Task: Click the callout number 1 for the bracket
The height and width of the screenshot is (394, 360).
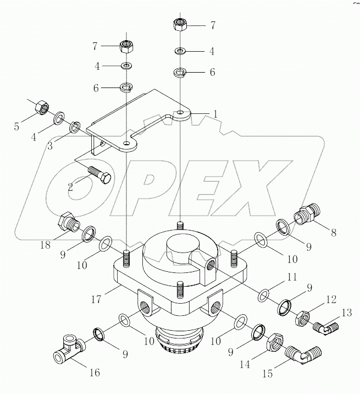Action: [215, 113]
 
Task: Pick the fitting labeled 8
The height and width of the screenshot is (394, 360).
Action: [306, 214]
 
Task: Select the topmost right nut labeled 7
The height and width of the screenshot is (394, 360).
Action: [180, 24]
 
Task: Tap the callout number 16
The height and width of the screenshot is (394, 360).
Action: [94, 373]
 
